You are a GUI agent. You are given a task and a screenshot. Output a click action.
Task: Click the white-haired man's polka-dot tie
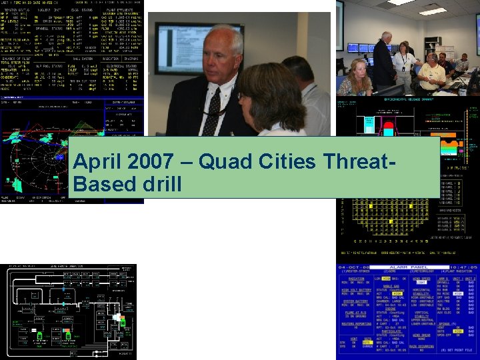(x=213, y=111)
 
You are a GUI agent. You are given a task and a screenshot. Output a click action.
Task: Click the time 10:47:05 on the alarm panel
(x=459, y=267)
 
